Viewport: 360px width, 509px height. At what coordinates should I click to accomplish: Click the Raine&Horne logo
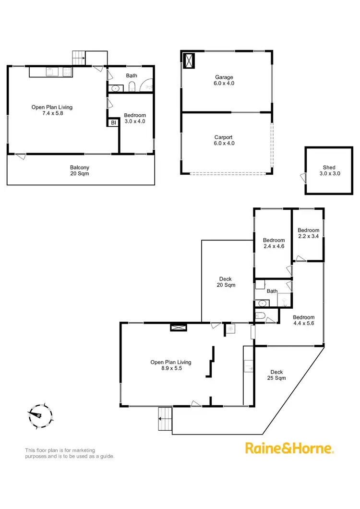click(289, 448)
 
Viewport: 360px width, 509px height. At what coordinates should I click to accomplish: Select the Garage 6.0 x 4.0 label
click(224, 80)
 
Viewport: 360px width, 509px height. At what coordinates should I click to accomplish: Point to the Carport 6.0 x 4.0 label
click(224, 140)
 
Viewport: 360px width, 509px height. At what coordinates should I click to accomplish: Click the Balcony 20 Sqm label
click(80, 170)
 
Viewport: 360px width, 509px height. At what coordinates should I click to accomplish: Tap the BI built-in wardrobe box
click(113, 123)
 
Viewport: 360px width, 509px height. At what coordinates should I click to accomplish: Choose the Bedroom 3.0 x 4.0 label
click(134, 118)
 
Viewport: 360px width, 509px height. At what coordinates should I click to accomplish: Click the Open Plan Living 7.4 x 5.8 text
click(52, 110)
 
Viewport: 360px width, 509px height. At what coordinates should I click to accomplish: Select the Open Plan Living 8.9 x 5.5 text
click(171, 365)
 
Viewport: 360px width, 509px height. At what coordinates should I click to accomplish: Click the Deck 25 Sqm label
click(276, 375)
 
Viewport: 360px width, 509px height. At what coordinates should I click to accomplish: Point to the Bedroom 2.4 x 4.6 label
click(274, 243)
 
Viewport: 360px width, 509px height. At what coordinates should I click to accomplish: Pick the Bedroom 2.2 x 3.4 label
click(308, 233)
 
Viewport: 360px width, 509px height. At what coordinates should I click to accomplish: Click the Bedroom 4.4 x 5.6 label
click(303, 320)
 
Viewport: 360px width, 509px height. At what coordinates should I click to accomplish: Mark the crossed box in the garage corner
click(190, 61)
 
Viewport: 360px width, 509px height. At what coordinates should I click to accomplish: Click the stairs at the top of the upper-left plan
click(79, 58)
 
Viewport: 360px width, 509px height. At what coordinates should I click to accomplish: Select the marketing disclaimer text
click(70, 453)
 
